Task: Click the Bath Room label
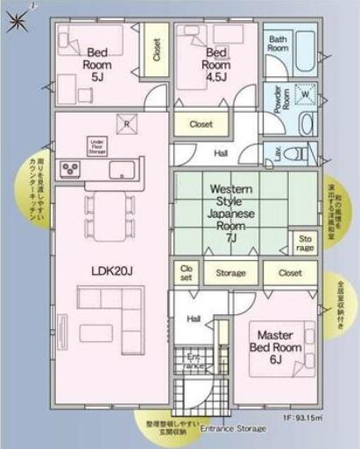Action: pyautogui.click(x=279, y=44)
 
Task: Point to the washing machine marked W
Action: pyautogui.click(x=307, y=95)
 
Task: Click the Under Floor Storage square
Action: pyautogui.click(x=96, y=145)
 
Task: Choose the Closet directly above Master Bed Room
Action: pyautogui.click(x=289, y=273)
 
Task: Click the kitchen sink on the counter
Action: pyautogui.click(x=121, y=168)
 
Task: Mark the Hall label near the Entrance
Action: pyautogui.click(x=194, y=319)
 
